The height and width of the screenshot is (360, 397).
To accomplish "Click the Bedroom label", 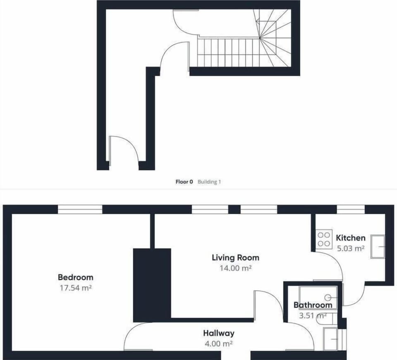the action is [75, 277].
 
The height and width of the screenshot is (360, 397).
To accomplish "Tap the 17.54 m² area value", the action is [75, 288].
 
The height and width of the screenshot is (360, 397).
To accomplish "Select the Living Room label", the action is [235, 258].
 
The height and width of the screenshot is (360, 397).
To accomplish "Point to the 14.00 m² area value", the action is [235, 268].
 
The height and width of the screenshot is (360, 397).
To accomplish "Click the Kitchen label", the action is [351, 238].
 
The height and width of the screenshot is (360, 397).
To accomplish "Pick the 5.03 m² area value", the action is [351, 248].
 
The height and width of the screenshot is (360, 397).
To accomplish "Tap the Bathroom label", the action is [313, 305].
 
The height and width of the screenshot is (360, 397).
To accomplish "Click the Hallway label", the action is [219, 333].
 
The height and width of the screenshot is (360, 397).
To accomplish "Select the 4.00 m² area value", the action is [219, 343].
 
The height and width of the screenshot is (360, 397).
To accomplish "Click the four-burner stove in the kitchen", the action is [324, 239].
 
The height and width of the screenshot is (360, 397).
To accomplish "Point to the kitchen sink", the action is [378, 247].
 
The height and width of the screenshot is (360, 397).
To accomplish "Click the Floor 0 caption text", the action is [184, 181].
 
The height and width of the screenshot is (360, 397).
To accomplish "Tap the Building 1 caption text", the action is [209, 181].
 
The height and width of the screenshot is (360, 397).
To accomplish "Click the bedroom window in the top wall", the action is [80, 210].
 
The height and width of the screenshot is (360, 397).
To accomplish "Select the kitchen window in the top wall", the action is [351, 210].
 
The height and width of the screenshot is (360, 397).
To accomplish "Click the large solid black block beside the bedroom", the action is [152, 285].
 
